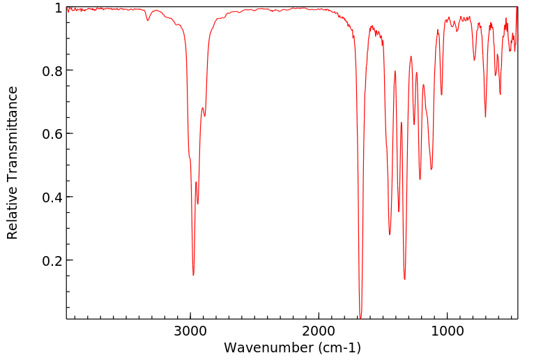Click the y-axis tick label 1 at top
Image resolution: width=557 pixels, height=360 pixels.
pyautogui.click(x=56, y=8)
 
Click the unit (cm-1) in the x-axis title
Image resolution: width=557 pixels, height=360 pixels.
pyautogui.click(x=337, y=347)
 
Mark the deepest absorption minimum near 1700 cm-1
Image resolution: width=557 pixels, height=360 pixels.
pyautogui.click(x=360, y=317)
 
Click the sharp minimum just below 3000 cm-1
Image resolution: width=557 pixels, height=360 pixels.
pyautogui.click(x=193, y=275)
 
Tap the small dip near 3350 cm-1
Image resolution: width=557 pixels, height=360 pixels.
pyautogui.click(x=148, y=20)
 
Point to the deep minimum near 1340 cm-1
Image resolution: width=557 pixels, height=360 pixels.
pyautogui.click(x=404, y=279)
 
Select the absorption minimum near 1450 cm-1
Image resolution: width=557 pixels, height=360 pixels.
pyautogui.click(x=390, y=234)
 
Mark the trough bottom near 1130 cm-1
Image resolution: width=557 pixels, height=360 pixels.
pyautogui.click(x=431, y=170)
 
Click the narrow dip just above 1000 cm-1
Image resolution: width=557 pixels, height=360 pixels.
pyautogui.click(x=441, y=95)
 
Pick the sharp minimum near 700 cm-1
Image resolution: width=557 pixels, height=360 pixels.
pyautogui.click(x=485, y=117)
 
